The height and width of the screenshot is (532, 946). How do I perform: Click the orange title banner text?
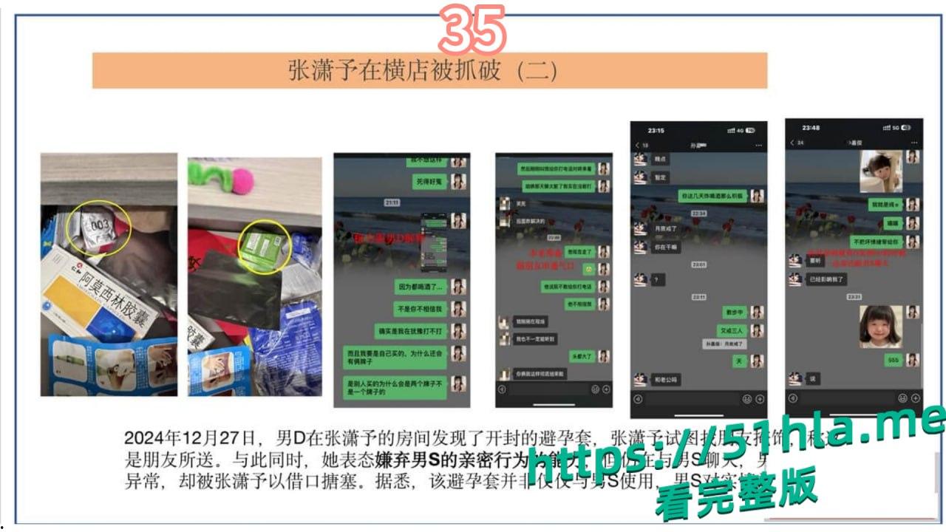(422, 71)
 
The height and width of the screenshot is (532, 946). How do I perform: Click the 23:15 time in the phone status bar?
(656, 131)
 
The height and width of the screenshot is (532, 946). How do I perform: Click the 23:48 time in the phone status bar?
(811, 128)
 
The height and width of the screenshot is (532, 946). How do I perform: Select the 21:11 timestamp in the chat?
(392, 202)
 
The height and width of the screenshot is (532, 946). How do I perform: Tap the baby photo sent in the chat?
(880, 171)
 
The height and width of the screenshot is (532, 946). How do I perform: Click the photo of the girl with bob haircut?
(880, 327)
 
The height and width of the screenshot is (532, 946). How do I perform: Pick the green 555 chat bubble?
(893, 360)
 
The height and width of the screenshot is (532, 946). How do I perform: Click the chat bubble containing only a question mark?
(658, 280)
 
